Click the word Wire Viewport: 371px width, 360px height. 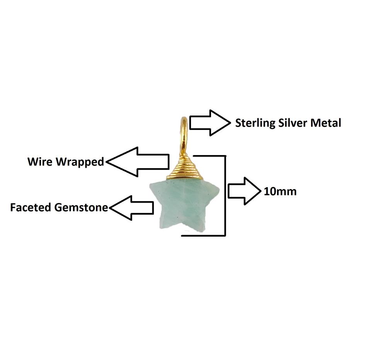coord(40,162)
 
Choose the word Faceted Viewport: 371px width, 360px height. coord(31,208)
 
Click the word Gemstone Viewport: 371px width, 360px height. coord(81,208)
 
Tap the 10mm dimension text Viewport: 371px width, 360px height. coord(280,191)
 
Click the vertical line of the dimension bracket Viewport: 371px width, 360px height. coord(225,196)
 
